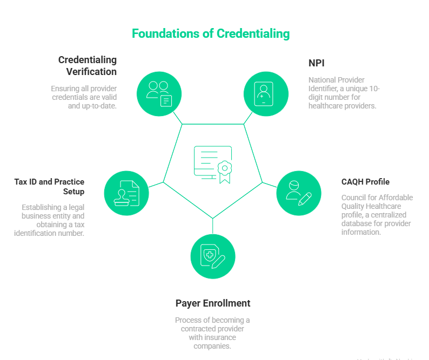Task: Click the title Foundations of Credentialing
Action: [211, 33]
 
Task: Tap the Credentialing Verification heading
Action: [88, 65]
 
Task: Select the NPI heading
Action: [316, 63]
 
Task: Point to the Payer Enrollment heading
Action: [212, 303]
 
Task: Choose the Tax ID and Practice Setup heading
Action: [49, 187]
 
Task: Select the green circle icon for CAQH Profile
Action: [298, 193]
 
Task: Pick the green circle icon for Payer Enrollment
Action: [212, 256]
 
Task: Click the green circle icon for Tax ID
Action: [126, 193]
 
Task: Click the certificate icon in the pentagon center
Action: [213, 164]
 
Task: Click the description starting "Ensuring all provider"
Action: [84, 97]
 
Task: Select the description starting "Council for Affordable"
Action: [377, 215]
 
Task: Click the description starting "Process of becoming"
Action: [212, 333]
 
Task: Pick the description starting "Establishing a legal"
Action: [50, 220]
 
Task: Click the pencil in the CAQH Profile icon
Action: [305, 199]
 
